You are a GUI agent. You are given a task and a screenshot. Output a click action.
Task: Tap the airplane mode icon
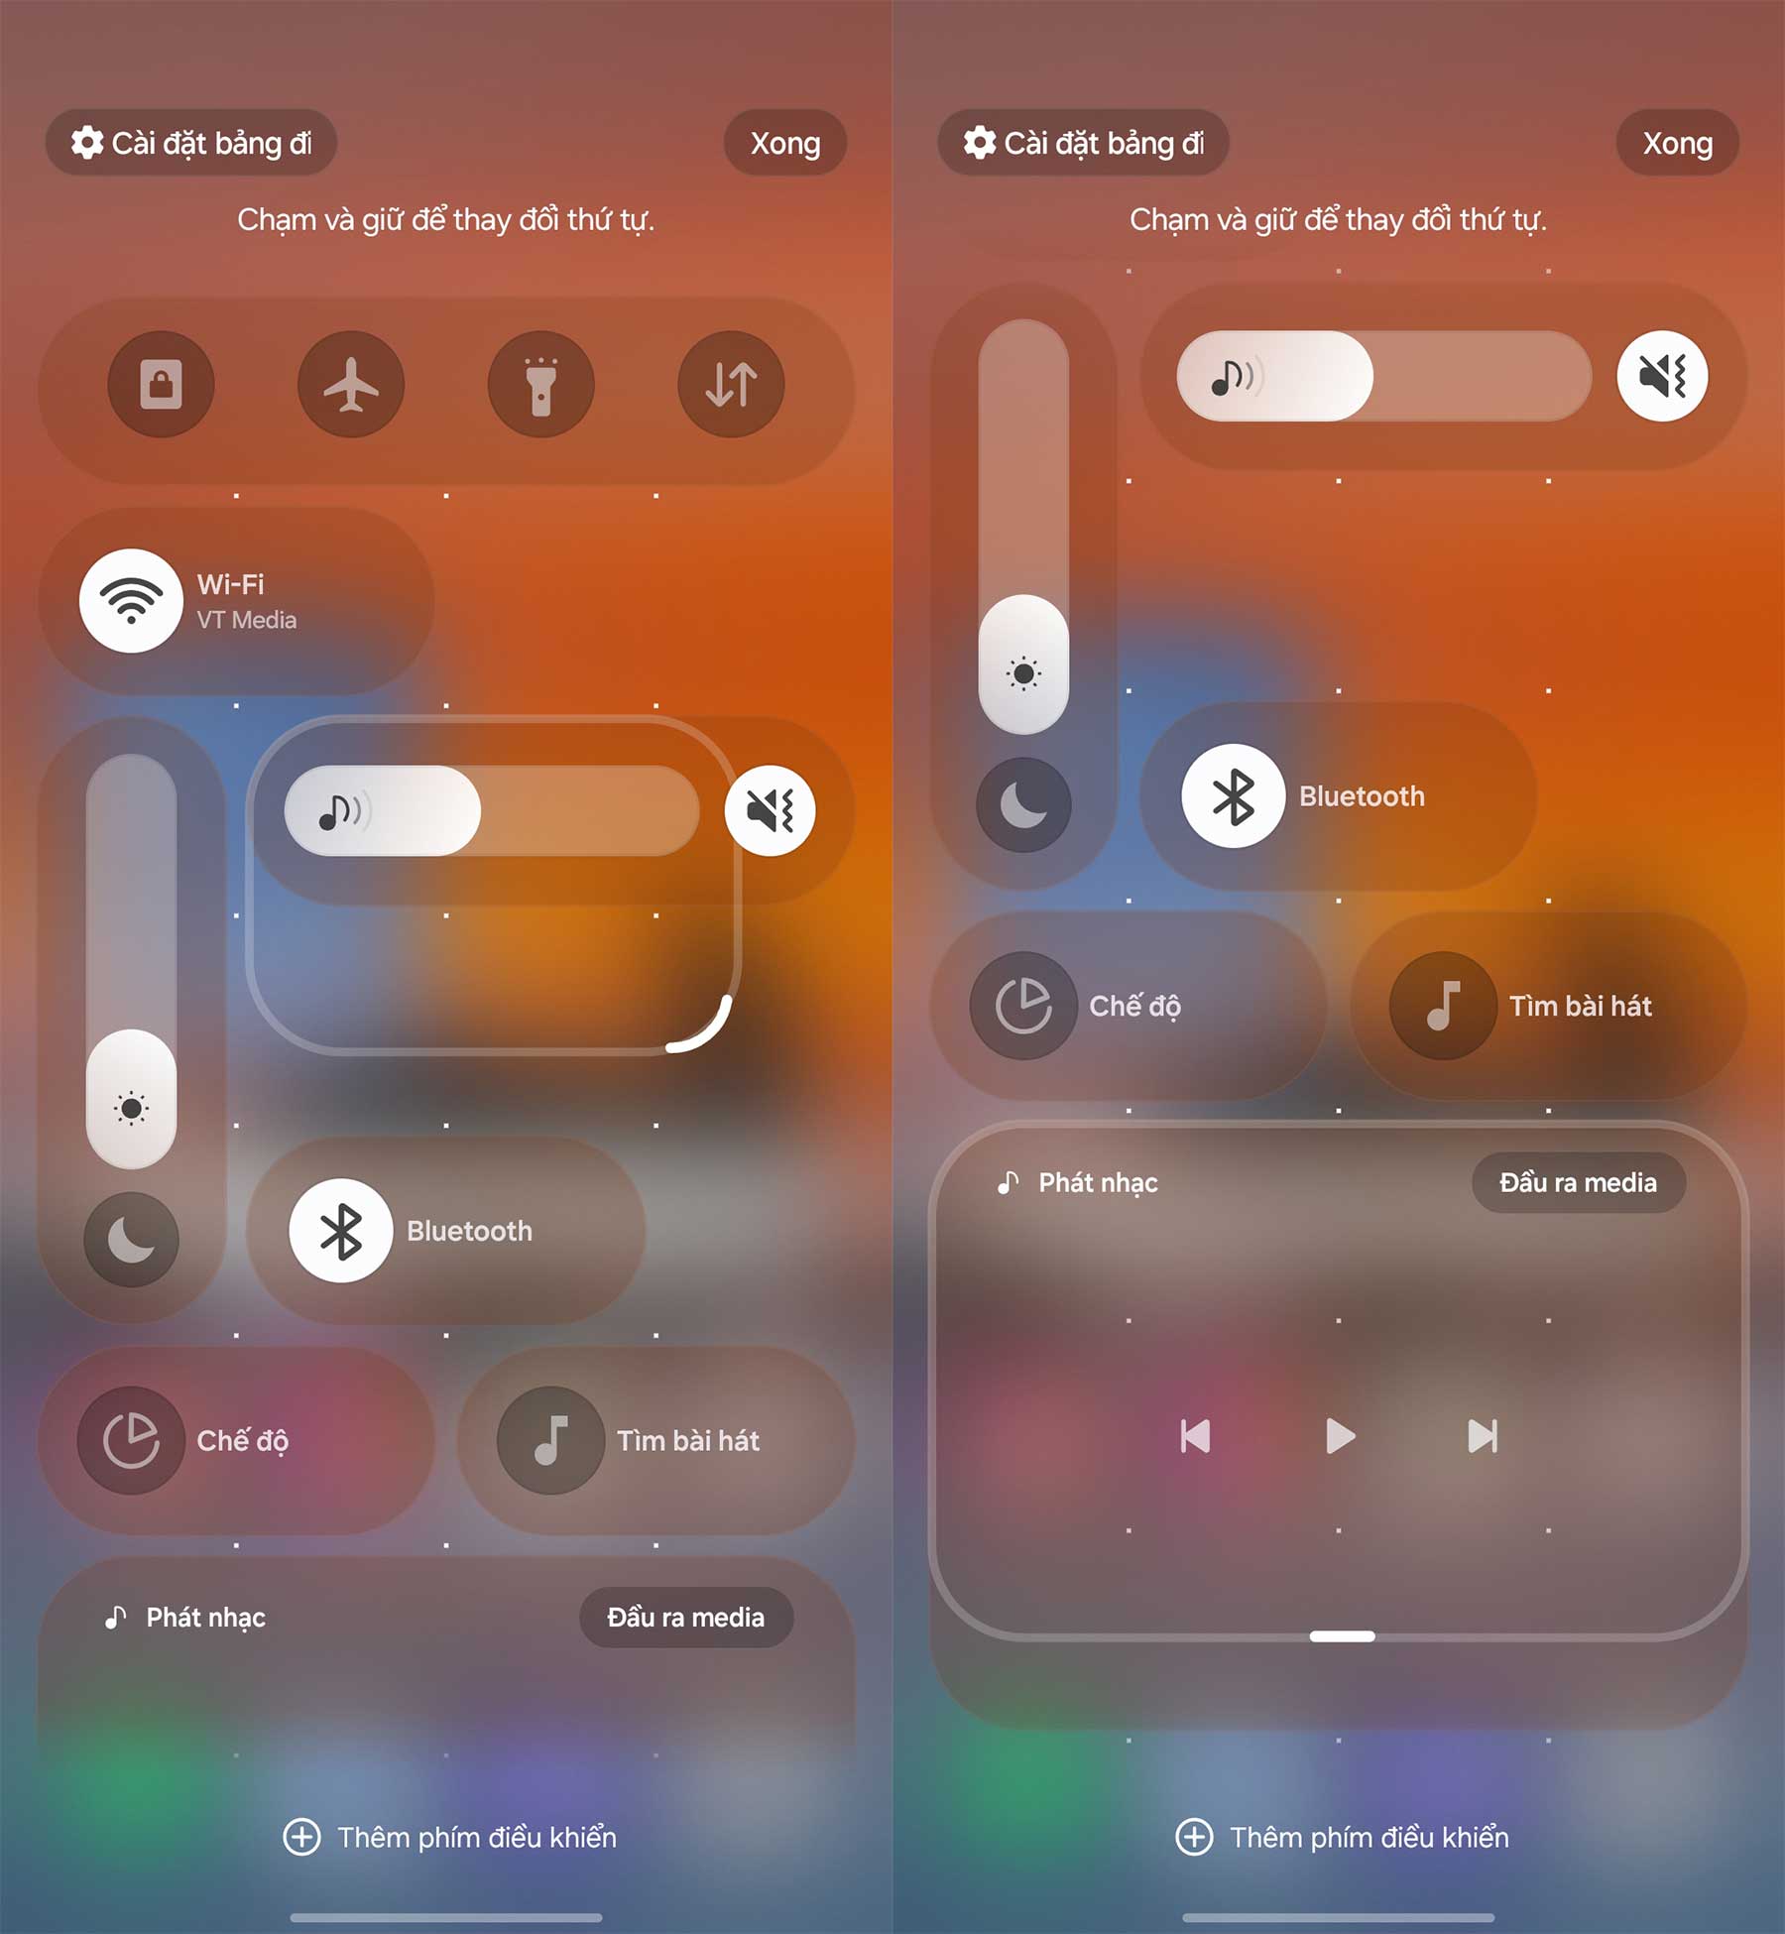click(351, 384)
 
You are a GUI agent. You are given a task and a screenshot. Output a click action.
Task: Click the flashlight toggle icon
click(541, 384)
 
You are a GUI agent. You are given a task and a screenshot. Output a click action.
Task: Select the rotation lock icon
click(161, 384)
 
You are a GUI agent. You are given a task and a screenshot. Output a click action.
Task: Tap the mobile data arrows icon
click(732, 384)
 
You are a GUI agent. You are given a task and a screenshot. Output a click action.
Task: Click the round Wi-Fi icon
click(131, 601)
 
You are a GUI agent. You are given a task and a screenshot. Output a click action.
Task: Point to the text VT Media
click(247, 620)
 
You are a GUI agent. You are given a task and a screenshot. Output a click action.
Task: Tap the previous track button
click(1195, 1436)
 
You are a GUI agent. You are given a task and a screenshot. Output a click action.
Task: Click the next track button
click(1483, 1436)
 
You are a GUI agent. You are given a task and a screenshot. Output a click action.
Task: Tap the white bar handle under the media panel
click(1342, 1636)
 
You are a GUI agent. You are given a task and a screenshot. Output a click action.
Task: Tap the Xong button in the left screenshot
click(785, 144)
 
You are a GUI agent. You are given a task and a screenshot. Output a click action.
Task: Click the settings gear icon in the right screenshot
click(980, 143)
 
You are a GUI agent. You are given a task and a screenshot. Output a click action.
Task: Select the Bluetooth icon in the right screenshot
click(1234, 796)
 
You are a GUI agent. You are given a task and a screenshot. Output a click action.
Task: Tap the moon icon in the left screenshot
click(131, 1240)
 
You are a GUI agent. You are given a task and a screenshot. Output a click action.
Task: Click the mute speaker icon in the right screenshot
click(1662, 376)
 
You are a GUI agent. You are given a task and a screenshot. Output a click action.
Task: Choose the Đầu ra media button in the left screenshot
click(686, 1618)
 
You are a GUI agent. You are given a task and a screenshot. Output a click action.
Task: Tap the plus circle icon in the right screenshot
click(1194, 1837)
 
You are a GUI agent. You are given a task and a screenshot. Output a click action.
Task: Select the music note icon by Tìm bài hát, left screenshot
click(550, 1440)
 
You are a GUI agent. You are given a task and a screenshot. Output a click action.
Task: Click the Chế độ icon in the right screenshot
click(1023, 1006)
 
